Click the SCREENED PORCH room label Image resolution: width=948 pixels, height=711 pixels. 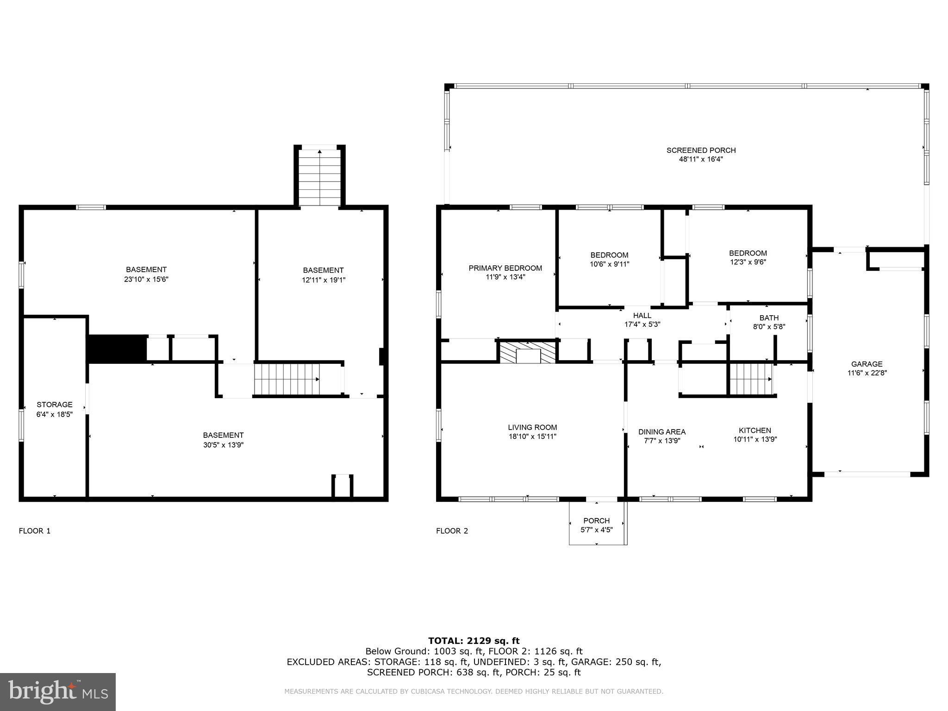701,150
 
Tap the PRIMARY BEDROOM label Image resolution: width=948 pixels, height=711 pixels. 505,268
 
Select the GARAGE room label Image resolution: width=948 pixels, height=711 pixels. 867,364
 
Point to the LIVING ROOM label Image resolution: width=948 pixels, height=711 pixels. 532,427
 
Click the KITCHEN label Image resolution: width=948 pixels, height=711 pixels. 755,430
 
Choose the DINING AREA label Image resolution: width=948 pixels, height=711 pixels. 662,432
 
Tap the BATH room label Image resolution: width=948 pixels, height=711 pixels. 769,318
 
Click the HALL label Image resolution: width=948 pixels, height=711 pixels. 642,315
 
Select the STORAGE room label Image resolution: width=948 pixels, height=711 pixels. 55,405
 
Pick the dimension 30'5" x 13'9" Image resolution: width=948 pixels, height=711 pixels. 223,445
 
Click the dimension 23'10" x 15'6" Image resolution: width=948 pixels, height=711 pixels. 146,279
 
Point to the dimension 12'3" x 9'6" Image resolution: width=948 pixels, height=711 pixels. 748,262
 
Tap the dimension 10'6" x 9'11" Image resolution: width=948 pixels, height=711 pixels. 609,264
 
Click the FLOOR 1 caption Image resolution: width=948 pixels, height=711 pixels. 35,531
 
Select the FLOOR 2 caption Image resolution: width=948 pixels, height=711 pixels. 452,531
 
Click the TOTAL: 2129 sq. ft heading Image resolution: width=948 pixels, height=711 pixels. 474,641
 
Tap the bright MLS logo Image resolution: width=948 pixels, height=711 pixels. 58,692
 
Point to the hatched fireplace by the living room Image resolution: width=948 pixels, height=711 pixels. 528,352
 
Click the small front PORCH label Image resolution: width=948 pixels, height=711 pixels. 596,520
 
